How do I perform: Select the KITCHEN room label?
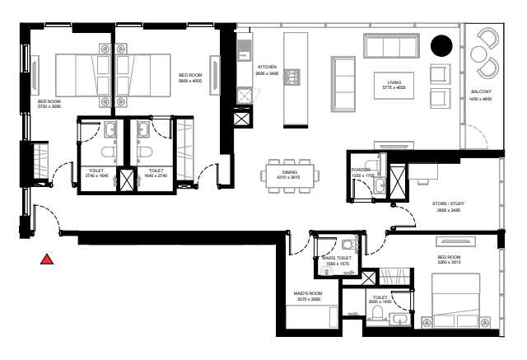pos(268,67)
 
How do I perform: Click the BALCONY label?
pos(482,91)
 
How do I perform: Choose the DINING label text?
pos(289,171)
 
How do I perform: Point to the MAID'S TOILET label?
pos(338,259)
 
